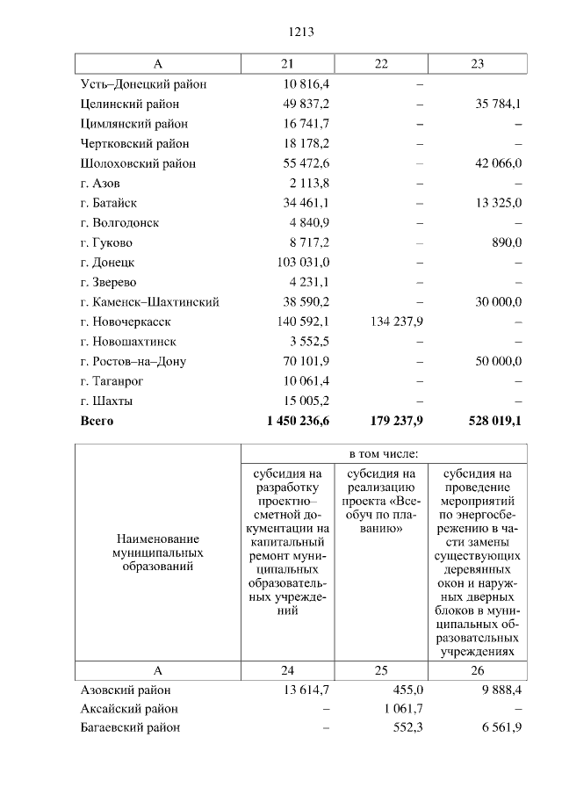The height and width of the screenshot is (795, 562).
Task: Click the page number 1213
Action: pyautogui.click(x=301, y=33)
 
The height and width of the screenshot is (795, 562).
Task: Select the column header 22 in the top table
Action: pyautogui.click(x=380, y=64)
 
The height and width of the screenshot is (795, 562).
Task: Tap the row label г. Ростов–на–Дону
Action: pyautogui.click(x=133, y=361)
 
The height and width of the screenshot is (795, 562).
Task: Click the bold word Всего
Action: pyautogui.click(x=97, y=421)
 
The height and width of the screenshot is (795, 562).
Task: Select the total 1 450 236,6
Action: pyautogui.click(x=298, y=421)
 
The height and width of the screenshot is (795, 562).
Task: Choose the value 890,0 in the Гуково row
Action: pyautogui.click(x=507, y=242)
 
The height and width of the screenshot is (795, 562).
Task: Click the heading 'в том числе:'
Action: pyautogui.click(x=384, y=454)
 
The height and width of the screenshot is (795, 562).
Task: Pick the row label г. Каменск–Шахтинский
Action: pyautogui.click(x=149, y=302)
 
